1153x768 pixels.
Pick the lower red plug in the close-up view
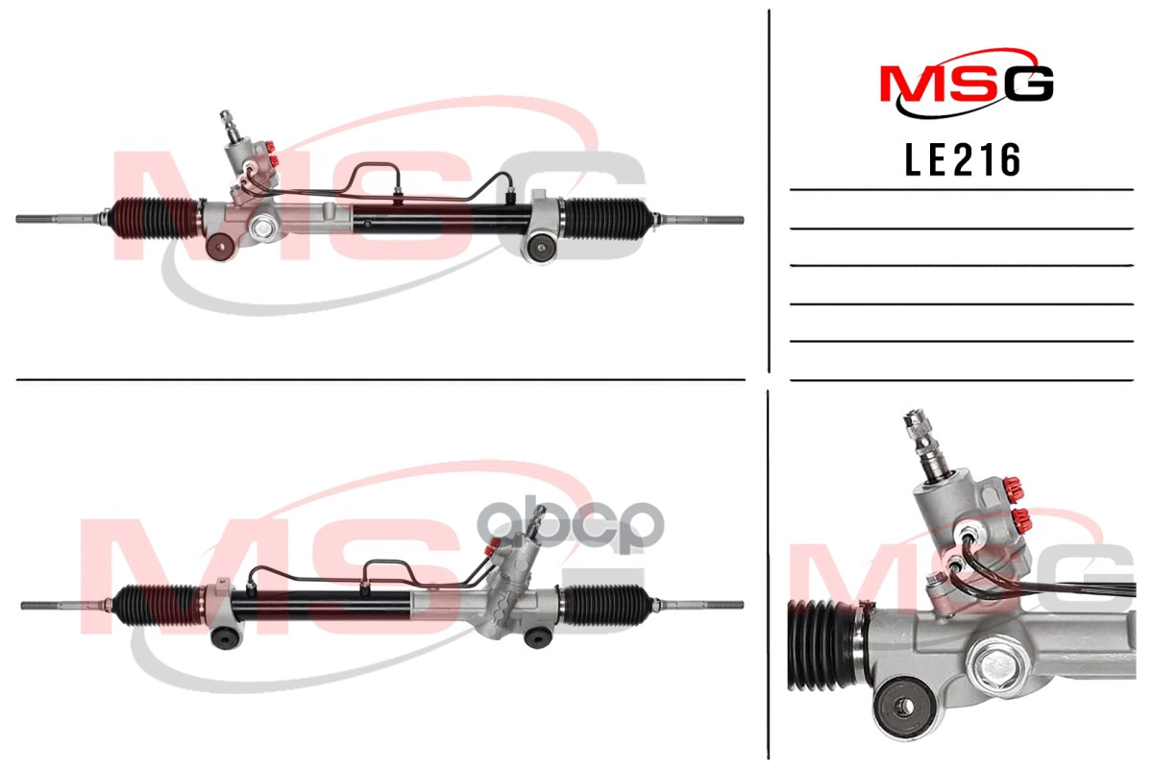[x=1022, y=521]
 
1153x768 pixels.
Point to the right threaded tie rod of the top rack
[x=701, y=220]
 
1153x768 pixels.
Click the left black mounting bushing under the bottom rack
[x=226, y=637]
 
